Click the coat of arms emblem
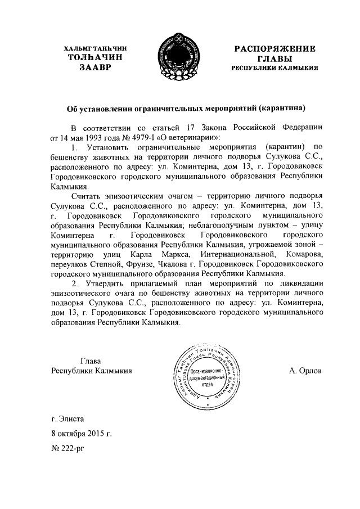[179, 58]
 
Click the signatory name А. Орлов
[305, 371]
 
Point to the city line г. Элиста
[69, 420]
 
